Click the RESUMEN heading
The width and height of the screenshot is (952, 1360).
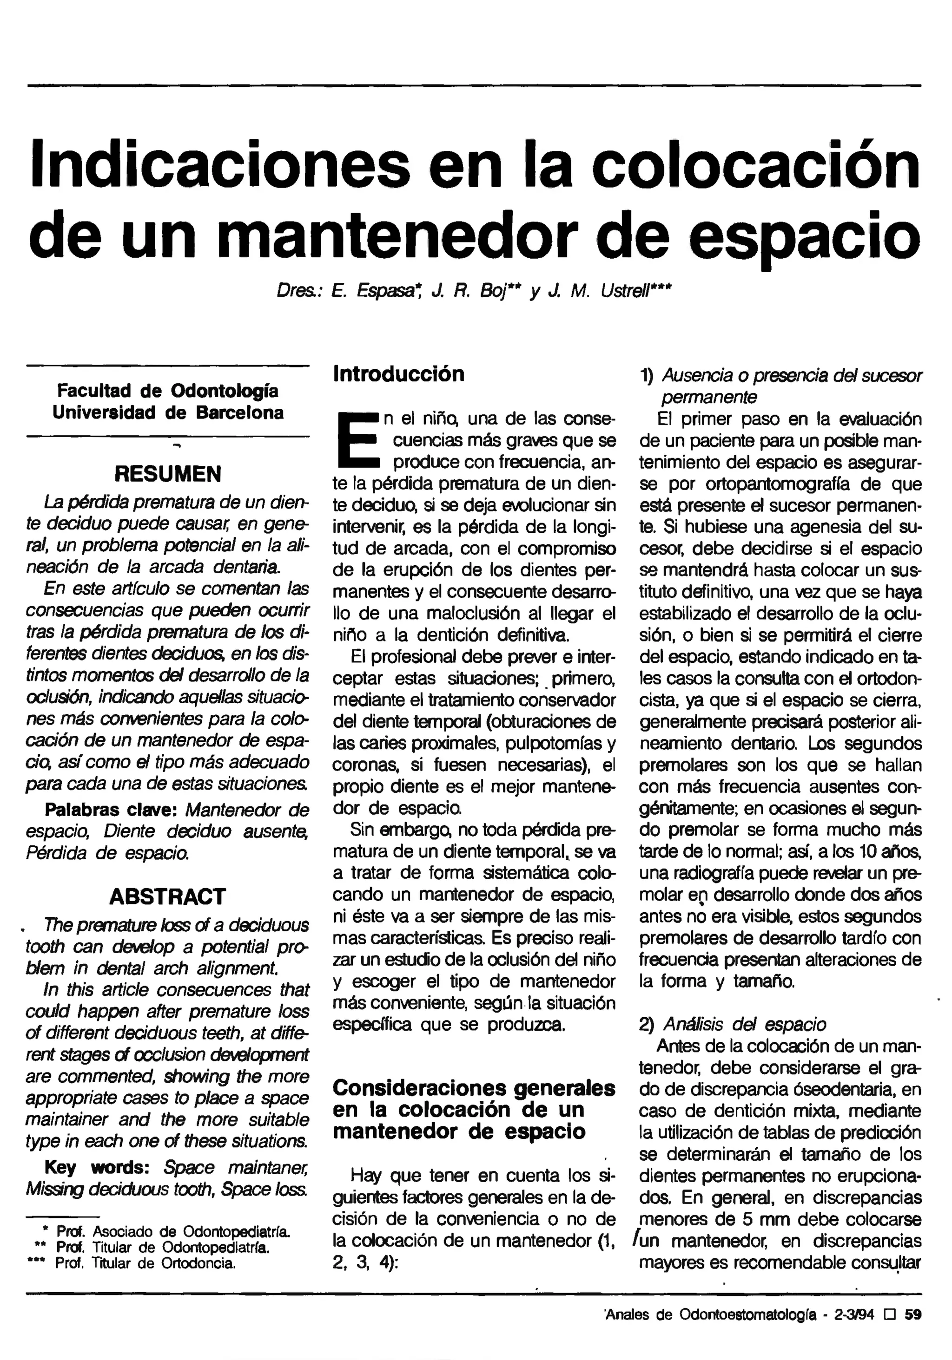(168, 474)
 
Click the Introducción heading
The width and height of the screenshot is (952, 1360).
(399, 374)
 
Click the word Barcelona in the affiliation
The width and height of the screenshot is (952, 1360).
(239, 412)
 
